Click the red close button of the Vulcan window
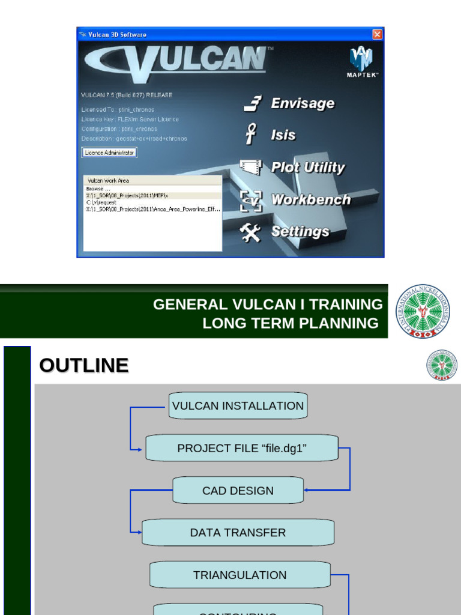coord(377,34)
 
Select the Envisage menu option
coord(302,103)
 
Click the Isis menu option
coord(283,135)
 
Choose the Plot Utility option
coord(307,168)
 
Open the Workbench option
coord(310,199)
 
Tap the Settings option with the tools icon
coord(300,231)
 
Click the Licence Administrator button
coord(109,153)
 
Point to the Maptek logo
coord(362,62)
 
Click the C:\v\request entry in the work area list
coord(102,202)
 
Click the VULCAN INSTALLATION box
coord(238,406)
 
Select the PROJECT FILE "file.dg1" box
coord(242,449)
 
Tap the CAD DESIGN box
coord(238,491)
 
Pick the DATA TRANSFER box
coord(238,533)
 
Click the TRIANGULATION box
coord(240,575)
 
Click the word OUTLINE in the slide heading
coord(83,365)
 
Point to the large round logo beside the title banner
coord(422,311)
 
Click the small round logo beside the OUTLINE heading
coord(442,365)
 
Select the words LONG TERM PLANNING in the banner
coord(291,323)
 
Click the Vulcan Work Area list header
coord(152,180)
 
